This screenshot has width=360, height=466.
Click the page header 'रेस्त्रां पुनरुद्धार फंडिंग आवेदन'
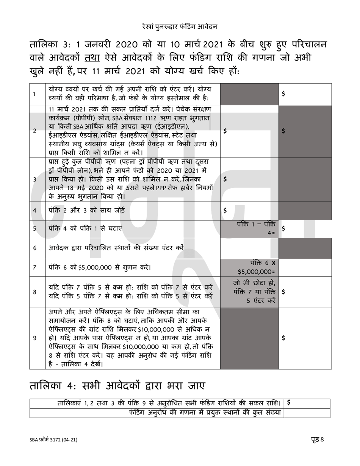pyautogui.click(x=180, y=27)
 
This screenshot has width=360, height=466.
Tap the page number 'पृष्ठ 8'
pyautogui.click(x=317, y=439)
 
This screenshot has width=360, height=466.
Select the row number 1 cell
pyautogui.click(x=35, y=94)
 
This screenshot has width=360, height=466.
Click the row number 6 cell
pyautogui.click(x=35, y=248)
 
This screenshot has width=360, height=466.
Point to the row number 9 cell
pyautogui.click(x=35, y=338)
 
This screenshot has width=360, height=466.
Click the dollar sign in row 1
pyautogui.click(x=283, y=94)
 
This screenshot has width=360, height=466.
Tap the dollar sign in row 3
pyautogui.click(x=225, y=180)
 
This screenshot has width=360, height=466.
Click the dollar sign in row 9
pyautogui.click(x=283, y=338)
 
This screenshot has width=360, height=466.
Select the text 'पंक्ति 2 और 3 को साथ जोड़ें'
pyautogui.click(x=86, y=211)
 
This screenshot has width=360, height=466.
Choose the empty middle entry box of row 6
pyautogui.click(x=249, y=248)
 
